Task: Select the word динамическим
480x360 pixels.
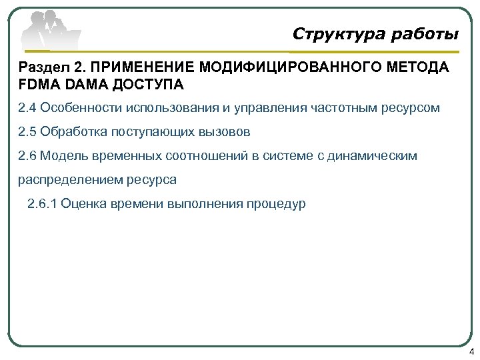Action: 375,155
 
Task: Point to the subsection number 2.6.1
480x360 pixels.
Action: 42,203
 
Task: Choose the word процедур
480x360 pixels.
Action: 277,203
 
